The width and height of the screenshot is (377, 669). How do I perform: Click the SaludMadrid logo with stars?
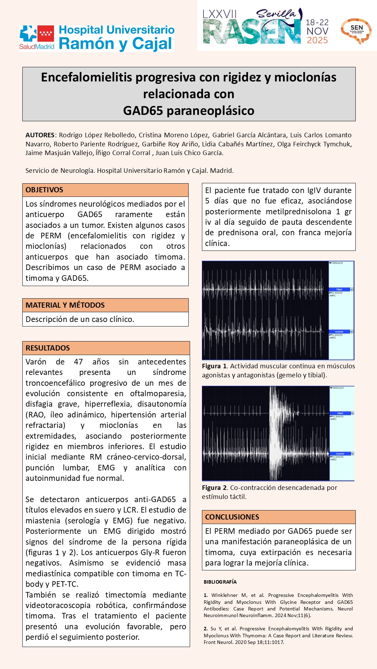pyautogui.click(x=37, y=37)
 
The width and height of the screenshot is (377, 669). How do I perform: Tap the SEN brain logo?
pyautogui.click(x=356, y=31)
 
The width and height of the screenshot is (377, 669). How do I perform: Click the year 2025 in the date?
pyautogui.click(x=317, y=40)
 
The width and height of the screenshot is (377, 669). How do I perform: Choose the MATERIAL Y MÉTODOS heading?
pyautogui.click(x=65, y=305)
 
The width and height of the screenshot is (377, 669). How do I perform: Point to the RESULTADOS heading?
pyautogui.click(x=47, y=348)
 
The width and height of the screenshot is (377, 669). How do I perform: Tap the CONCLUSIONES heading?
pyautogui.click(x=232, y=517)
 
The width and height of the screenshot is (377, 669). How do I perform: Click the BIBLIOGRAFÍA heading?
pyautogui.click(x=220, y=582)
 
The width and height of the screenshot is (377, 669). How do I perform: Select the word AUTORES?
pyautogui.click(x=40, y=135)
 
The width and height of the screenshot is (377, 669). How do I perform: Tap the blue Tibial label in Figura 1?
pyautogui.click(x=339, y=290)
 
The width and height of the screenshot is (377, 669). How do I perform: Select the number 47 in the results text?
pyautogui.click(x=78, y=362)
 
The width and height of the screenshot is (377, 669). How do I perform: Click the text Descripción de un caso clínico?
pyautogui.click(x=80, y=320)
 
